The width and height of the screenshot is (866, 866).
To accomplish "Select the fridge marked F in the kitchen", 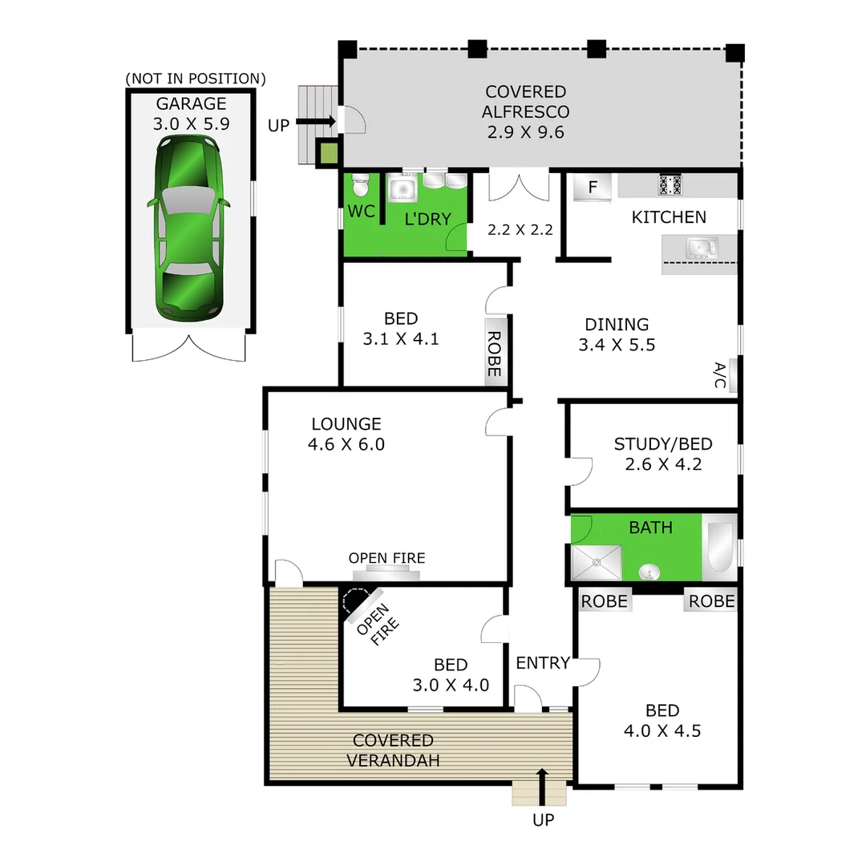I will [593, 188].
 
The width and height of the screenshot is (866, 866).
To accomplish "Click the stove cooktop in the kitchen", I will [670, 185].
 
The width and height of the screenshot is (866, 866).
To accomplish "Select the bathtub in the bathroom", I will [718, 548].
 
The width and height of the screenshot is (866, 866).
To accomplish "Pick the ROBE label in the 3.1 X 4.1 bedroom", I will [494, 354].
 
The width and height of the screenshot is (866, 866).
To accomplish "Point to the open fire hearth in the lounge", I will [387, 573].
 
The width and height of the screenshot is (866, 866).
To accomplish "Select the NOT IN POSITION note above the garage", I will [196, 79].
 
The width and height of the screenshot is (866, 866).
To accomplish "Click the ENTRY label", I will [542, 663].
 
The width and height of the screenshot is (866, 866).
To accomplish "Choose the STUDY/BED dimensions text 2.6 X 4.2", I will [663, 464].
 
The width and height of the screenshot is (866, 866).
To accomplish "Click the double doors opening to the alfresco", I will [519, 186].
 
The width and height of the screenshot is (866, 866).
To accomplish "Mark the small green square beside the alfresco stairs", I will [327, 152].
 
